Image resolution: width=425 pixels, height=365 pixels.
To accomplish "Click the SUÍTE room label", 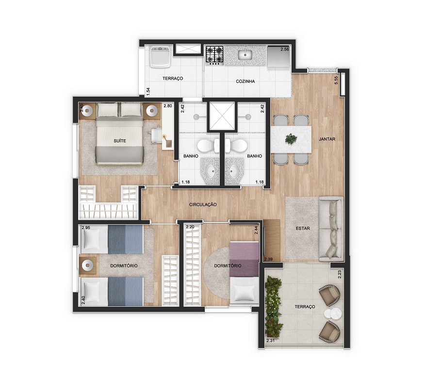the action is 120,141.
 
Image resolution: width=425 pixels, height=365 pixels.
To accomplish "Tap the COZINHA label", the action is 245,81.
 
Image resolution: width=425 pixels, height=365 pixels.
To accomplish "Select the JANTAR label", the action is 327,139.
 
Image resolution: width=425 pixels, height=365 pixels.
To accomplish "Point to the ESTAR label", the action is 303,228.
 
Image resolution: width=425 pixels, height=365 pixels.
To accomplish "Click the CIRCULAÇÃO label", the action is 203,204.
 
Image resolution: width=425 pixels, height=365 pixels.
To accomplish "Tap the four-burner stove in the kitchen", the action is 214,56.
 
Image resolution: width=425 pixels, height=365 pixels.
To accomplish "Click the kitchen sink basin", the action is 245,54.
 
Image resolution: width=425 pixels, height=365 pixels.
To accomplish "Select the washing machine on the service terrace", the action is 160,57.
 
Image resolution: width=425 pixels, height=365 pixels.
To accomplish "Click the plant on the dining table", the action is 291,139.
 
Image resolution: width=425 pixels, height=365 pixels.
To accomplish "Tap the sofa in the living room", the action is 331,228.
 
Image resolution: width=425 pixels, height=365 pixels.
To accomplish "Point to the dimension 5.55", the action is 336,81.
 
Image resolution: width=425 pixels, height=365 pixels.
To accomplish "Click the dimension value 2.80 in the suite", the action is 167,106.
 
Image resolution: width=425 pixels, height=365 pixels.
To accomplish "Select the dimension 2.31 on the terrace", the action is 271,340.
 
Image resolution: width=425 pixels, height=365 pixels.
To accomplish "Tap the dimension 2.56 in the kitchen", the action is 285,49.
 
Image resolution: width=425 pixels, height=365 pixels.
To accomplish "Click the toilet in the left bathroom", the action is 208,146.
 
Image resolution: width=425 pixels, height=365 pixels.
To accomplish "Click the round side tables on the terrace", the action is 332,314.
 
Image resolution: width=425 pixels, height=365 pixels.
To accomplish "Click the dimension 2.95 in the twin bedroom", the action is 86,228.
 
